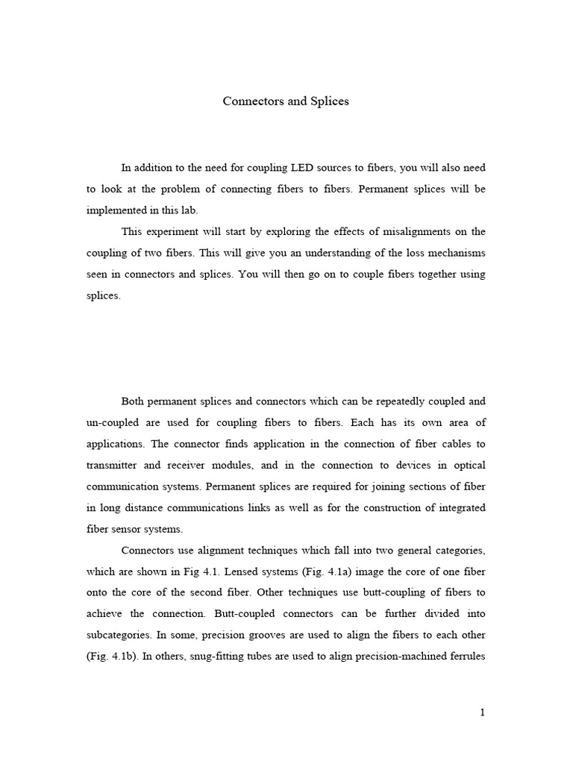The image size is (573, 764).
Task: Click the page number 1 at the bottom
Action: tap(483, 713)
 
